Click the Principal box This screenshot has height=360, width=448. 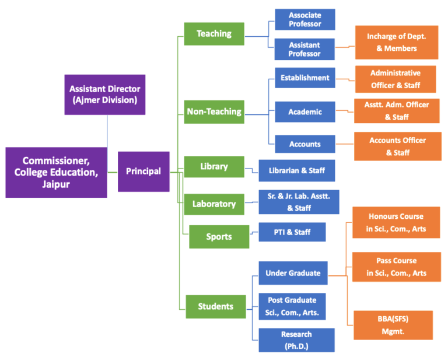tap(143, 172)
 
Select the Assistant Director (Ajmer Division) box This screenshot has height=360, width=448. tap(104, 95)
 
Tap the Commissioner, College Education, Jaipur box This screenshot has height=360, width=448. tap(57, 172)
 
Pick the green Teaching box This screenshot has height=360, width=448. tap(214, 34)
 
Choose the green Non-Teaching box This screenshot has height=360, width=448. tap(214, 111)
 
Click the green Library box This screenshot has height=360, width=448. tap(214, 167)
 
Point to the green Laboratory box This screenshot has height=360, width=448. tap(214, 204)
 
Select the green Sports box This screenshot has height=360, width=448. tap(219, 237)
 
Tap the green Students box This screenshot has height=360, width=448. tap(215, 306)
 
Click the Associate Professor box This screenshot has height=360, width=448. tap(304, 20)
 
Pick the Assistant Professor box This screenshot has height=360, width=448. tap(304, 49)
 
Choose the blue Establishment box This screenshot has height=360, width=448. tap(304, 78)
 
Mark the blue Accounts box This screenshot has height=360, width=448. tap(304, 144)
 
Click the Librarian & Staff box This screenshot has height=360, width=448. tap(297, 170)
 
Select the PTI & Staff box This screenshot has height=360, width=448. tap(292, 232)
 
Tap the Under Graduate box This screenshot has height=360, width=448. tap(293, 273)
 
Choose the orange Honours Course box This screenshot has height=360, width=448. tap(396, 222)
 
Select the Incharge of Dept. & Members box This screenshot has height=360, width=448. tap(396, 43)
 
